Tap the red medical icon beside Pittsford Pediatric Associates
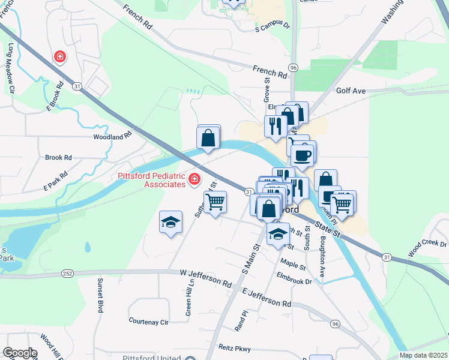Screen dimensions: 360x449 tap(194, 179)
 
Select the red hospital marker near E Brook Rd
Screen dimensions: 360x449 tap(60, 58)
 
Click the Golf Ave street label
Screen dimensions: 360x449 tap(351, 91)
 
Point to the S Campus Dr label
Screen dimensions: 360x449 tap(272, 27)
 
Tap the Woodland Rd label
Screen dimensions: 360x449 tap(112, 137)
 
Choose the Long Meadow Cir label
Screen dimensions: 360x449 tap(11, 60)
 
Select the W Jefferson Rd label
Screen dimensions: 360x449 tap(206, 277)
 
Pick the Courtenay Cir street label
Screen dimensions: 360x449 tap(148, 322)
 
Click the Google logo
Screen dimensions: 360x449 tap(20, 353)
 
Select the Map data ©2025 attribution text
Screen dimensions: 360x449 tap(423, 355)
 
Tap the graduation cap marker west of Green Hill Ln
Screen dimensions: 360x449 tap(171, 223)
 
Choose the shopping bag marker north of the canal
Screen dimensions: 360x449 tap(208, 137)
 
